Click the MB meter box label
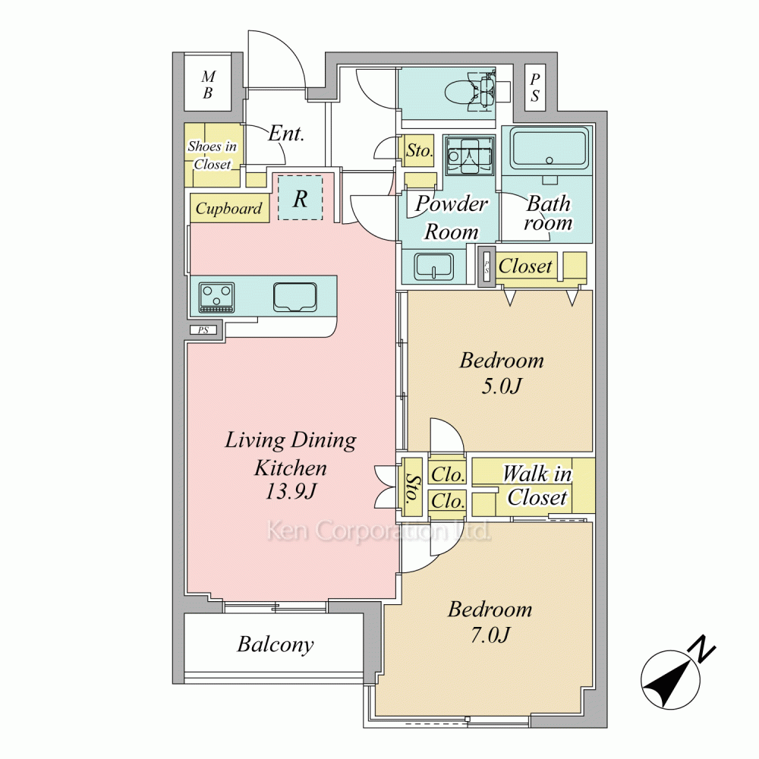208,84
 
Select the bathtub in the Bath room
550,147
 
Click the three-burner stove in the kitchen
216,298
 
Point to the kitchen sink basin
294,297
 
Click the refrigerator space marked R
300,198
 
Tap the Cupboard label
228,209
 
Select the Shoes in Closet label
212,155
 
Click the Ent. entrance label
286,133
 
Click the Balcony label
276,644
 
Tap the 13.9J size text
291,491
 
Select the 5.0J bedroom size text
502,386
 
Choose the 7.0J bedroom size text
490,635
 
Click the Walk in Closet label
537,486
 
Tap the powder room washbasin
433,266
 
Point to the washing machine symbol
470,156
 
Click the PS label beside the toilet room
535,87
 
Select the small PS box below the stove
203,331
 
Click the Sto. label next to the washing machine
419,150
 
